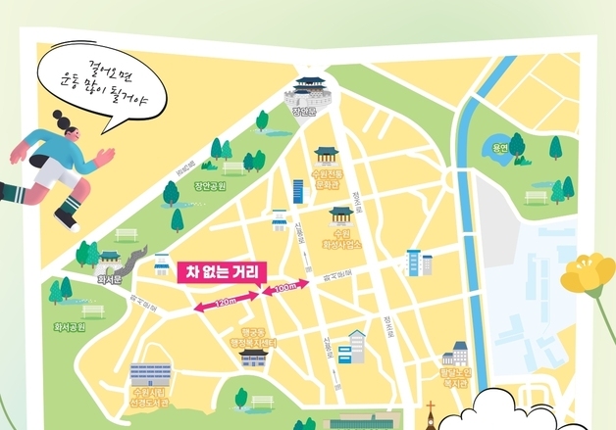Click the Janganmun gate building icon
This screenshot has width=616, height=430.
point(308,90)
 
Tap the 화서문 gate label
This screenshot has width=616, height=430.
point(108,277)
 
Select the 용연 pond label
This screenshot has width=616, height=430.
point(488,149)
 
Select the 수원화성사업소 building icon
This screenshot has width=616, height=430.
point(340,215)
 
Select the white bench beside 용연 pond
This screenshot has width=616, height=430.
point(536,197)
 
